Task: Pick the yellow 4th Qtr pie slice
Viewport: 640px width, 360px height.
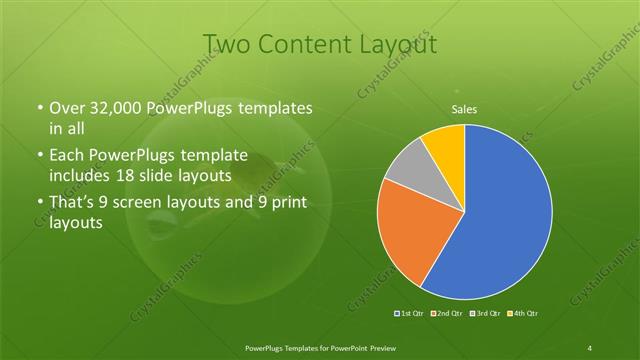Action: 444,146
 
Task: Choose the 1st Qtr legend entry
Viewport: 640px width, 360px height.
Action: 411,314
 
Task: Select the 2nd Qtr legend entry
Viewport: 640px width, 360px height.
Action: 446,314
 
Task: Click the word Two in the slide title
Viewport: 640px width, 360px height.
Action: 226,44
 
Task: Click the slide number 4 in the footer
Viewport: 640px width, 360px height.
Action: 590,347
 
